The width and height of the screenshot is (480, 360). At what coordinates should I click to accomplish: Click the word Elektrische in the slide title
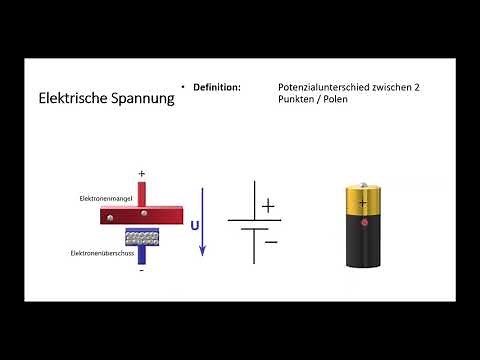[x=70, y=99]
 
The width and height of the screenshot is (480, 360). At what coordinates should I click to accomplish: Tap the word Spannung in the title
[x=139, y=99]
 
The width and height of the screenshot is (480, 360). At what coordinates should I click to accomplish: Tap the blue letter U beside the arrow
[x=195, y=225]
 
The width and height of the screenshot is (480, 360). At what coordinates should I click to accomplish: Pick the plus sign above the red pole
[x=142, y=174]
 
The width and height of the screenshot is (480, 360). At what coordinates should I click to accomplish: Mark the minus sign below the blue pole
[x=142, y=270]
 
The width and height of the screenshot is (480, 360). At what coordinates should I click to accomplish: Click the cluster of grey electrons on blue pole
[x=142, y=237]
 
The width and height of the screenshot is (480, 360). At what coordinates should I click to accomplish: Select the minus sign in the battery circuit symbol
[x=270, y=240]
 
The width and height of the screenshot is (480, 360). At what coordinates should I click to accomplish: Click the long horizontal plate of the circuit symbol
[x=254, y=219]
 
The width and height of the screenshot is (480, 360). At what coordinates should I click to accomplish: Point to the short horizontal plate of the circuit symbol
[x=254, y=231]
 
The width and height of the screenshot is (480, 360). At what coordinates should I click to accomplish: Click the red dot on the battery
[x=363, y=221]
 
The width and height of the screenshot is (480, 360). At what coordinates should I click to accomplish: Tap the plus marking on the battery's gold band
[x=363, y=200]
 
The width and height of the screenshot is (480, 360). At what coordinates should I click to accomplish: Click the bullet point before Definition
[x=184, y=88]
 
